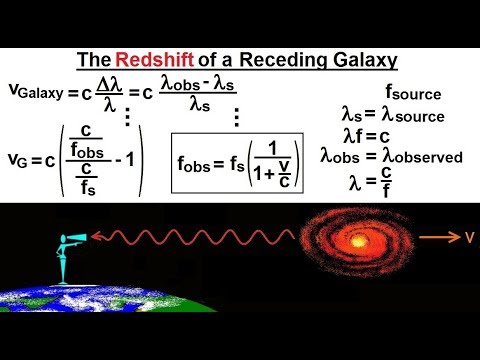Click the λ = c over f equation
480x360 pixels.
[x=380, y=183]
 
